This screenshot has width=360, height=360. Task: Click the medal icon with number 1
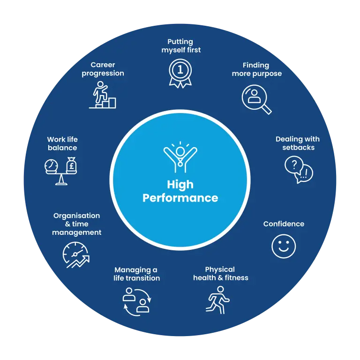coord(180,72)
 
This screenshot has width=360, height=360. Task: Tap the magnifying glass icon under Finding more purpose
coord(256,98)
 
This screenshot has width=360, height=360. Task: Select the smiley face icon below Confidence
coord(284,246)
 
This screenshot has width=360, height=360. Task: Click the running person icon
coord(218,300)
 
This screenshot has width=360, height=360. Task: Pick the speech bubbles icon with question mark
coord(299,169)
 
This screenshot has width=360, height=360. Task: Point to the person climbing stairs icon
coord(103,95)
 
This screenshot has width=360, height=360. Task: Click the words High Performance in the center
coord(180,191)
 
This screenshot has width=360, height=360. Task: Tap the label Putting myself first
coord(180,46)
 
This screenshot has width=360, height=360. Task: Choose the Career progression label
coord(103,69)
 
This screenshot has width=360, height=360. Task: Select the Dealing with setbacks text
coord(298,143)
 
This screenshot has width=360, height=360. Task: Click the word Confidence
coord(284,224)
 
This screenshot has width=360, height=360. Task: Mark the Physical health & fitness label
coord(220,273)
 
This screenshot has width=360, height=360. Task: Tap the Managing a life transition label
coord(136,274)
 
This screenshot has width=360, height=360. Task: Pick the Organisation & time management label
coord(76,224)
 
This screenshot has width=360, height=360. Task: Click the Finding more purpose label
coord(256,69)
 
